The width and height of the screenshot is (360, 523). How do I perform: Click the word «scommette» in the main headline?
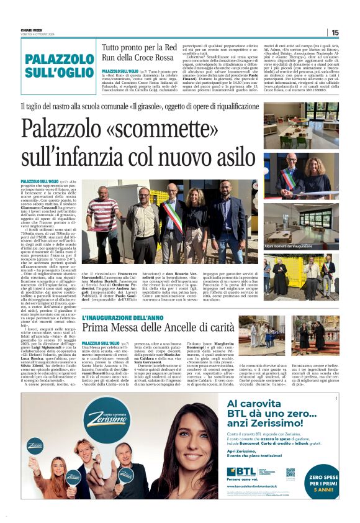pyautogui.click(x=143, y=129)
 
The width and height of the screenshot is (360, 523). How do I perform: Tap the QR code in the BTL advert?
pyautogui.click(x=290, y=473)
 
